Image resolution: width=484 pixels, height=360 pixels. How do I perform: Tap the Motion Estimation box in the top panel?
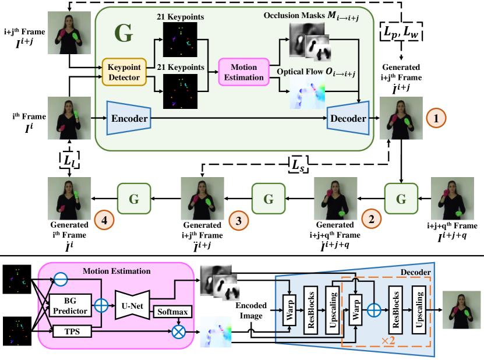(243, 72)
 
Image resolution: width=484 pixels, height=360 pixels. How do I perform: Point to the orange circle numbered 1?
(436, 119)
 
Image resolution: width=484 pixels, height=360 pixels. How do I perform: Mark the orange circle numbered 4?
(104, 220)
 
